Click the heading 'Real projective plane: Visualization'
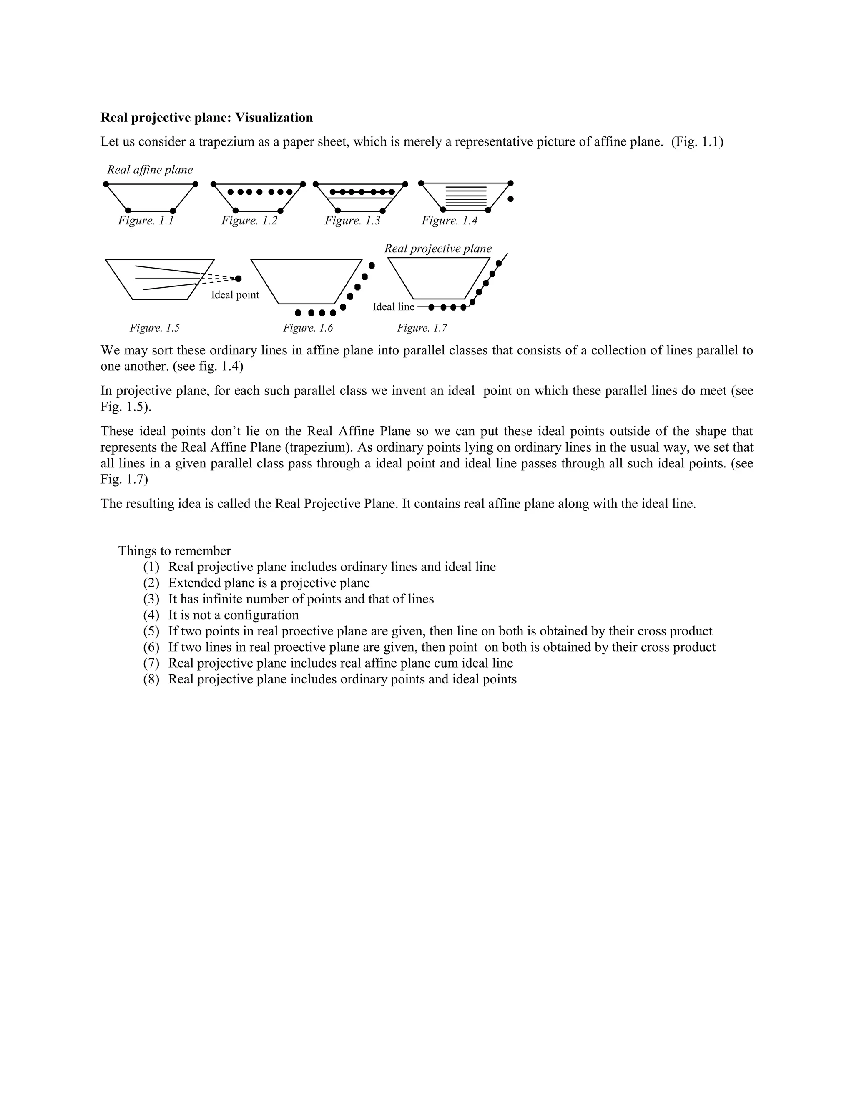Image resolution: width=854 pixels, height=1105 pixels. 206,118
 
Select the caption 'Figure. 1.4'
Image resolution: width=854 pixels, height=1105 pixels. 449,221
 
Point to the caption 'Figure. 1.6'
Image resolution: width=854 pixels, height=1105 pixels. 308,328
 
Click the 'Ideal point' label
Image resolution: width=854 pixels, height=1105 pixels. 235,295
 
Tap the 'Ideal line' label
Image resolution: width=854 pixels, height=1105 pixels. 393,306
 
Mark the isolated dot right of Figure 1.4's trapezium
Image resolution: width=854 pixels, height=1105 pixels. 510,199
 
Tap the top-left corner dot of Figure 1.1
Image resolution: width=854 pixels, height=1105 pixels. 106,184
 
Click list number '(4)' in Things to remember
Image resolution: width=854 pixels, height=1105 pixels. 151,615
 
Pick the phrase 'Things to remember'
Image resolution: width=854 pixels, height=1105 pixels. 175,551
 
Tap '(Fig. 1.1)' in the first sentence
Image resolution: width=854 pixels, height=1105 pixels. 697,142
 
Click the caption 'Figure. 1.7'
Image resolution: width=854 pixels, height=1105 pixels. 422,328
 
